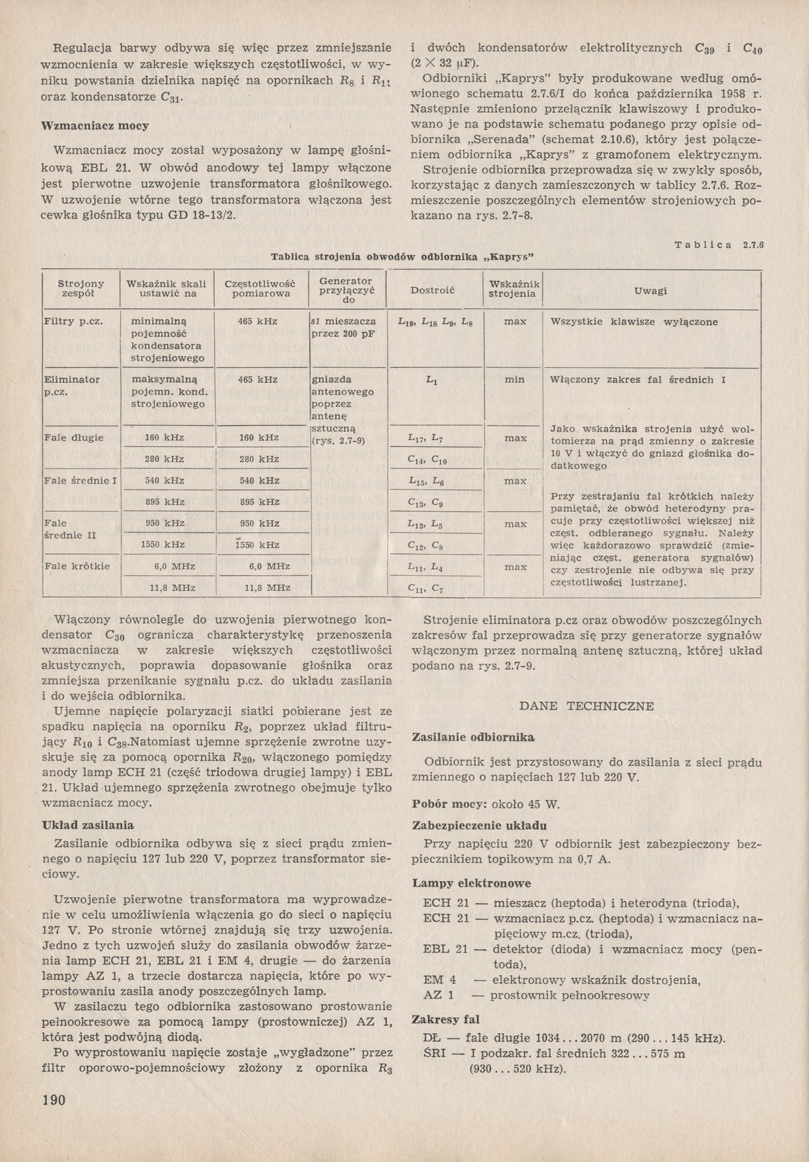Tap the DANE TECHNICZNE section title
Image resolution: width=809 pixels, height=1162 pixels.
tap(586, 706)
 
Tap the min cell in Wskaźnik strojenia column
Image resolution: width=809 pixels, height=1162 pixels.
tap(514, 380)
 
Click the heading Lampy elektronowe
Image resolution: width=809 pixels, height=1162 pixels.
tap(471, 882)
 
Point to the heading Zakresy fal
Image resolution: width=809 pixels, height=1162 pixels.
tap(445, 1019)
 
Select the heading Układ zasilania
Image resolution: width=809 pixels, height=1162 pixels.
tap(87, 824)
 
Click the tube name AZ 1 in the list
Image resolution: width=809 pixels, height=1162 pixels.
tap(438, 995)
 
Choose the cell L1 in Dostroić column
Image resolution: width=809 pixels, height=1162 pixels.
tap(432, 380)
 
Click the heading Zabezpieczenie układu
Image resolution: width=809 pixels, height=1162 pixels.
tap(479, 825)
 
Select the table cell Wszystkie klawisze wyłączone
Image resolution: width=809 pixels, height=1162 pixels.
tap(633, 322)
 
